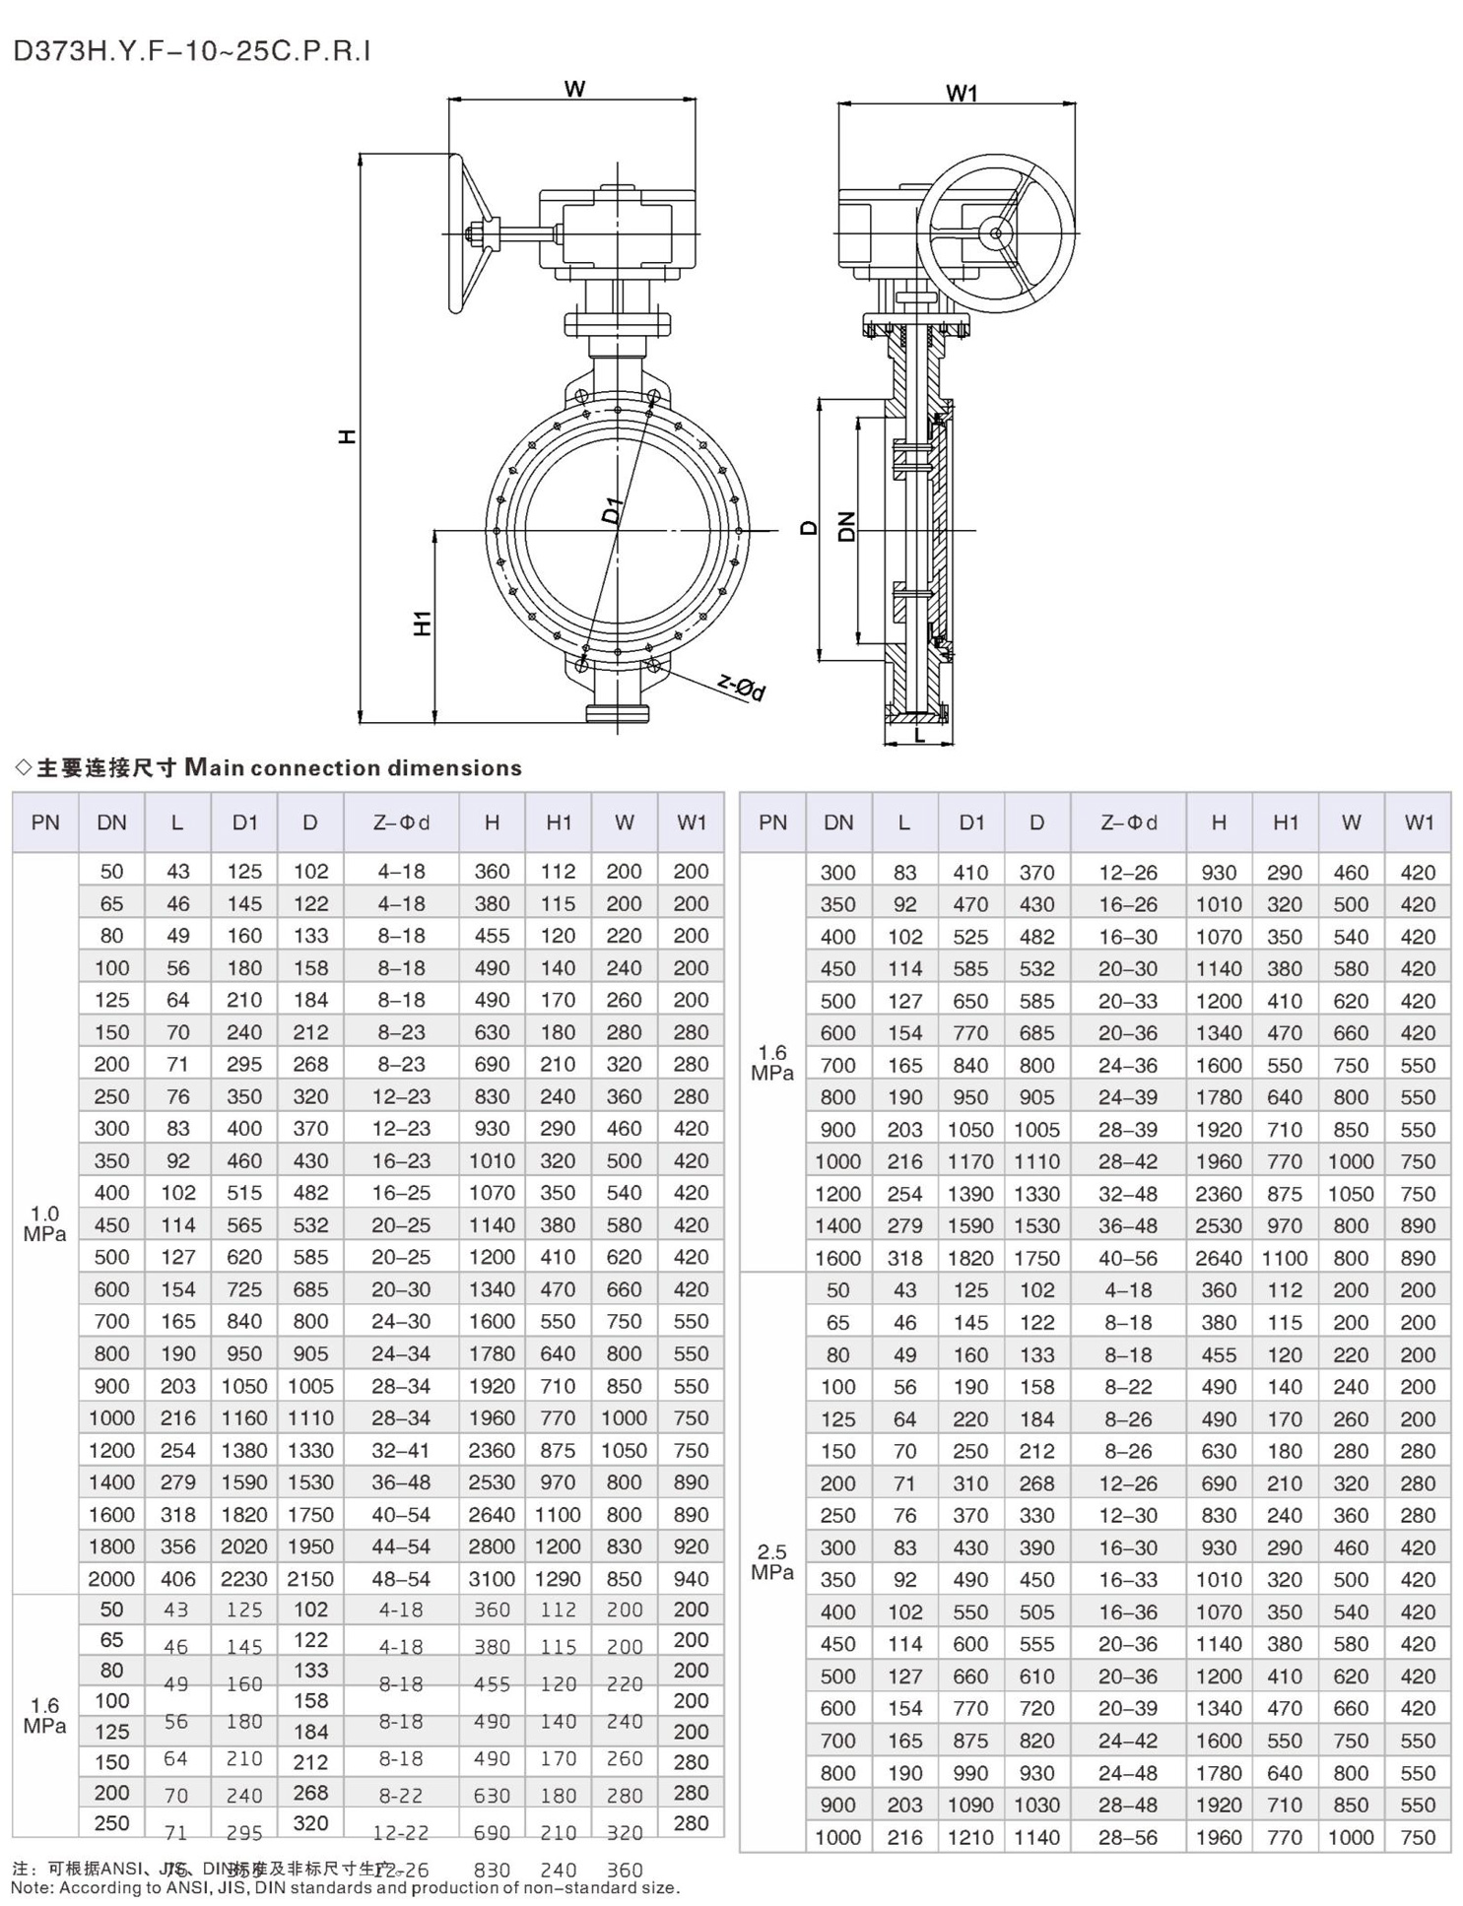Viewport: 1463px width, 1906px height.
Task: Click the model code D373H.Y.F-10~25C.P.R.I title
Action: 192,51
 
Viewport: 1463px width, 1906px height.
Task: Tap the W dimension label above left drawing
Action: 574,89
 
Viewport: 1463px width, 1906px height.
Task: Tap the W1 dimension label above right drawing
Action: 962,94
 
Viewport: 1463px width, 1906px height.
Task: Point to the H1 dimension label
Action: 423,623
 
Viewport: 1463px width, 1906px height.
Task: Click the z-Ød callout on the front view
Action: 741,688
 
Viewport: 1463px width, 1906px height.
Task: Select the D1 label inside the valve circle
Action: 613,510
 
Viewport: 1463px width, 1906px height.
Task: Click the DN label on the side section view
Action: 846,527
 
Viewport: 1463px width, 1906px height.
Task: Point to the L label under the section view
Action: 919,735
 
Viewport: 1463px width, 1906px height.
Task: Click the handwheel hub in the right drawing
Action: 996,233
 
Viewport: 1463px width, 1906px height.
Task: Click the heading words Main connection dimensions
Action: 354,768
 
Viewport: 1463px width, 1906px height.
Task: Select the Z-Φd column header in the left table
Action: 401,822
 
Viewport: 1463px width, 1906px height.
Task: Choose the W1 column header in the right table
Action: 1418,822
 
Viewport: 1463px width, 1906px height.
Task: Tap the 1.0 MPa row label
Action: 44,1223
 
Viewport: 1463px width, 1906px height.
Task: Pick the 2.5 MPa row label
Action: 771,1562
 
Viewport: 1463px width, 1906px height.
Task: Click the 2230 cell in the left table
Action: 243,1579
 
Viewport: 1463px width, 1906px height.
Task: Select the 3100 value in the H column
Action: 492,1579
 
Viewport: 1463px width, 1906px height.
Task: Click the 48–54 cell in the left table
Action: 401,1579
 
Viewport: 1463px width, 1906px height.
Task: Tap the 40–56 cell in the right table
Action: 1128,1258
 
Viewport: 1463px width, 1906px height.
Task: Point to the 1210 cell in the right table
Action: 970,1837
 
